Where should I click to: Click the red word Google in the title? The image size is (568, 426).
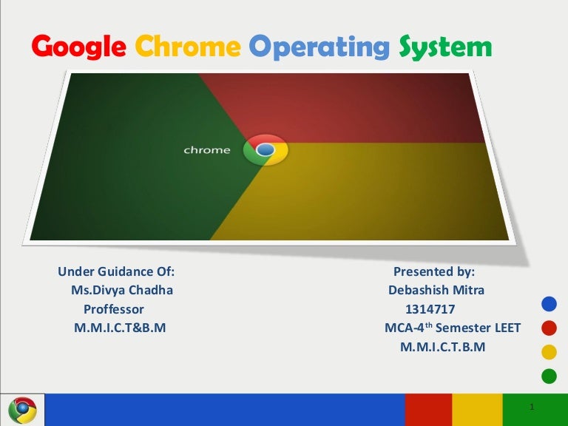(x=79, y=48)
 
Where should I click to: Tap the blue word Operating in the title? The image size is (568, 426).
(x=319, y=48)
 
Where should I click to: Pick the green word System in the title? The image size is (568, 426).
(x=444, y=48)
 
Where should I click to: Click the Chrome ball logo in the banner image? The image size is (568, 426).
(x=266, y=150)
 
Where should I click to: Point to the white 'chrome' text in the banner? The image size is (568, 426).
(x=207, y=150)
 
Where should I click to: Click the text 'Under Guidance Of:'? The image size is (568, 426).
(x=116, y=271)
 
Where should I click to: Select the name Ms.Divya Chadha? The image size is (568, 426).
(x=122, y=290)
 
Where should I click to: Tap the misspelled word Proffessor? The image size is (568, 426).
(x=114, y=309)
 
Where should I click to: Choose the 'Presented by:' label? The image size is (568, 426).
(x=434, y=271)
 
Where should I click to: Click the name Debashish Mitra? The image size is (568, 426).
(x=436, y=290)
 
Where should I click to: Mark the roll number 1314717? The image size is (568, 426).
(x=430, y=309)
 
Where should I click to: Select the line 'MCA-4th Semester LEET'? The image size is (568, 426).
(x=453, y=328)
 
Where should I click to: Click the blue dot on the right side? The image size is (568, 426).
(x=549, y=302)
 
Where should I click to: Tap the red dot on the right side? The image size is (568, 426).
(x=549, y=328)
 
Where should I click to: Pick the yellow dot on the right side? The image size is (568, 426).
(x=549, y=352)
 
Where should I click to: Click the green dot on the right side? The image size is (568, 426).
(x=549, y=376)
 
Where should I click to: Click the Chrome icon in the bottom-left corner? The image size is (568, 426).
(x=23, y=410)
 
